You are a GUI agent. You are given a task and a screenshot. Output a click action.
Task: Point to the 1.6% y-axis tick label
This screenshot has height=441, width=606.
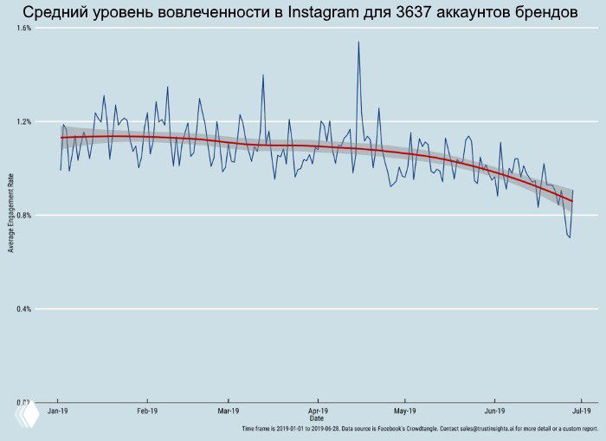click(x=23, y=28)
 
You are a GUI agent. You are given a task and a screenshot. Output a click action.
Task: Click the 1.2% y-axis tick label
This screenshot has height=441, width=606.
click(x=23, y=121)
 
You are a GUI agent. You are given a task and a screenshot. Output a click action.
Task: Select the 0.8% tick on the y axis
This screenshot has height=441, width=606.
click(x=23, y=215)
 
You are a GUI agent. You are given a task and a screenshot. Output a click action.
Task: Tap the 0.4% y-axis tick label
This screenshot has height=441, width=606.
click(x=23, y=308)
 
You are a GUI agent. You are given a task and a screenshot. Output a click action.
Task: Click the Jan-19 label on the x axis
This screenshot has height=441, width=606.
click(x=58, y=411)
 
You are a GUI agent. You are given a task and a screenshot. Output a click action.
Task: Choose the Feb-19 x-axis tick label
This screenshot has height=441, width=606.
click(x=146, y=411)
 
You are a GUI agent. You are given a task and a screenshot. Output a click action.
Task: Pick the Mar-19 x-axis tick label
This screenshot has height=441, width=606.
click(x=228, y=411)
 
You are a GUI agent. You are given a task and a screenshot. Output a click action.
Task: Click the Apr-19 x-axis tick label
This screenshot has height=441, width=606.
click(x=318, y=411)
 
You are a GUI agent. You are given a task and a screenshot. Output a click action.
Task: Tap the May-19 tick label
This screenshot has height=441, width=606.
click(x=405, y=411)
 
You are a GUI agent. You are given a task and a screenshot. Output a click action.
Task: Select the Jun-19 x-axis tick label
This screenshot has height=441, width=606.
click(x=495, y=411)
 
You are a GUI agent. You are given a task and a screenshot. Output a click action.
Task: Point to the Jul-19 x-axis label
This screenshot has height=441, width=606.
click(x=582, y=411)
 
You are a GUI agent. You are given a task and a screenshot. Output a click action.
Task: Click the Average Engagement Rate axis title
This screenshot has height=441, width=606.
click(x=10, y=213)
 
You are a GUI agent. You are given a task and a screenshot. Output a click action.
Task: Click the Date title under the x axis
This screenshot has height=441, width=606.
click(x=317, y=418)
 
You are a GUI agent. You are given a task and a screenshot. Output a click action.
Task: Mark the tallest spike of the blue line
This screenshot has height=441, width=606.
click(x=358, y=42)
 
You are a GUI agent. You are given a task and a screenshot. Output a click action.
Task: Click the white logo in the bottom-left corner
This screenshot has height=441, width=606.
click(x=25, y=418)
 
